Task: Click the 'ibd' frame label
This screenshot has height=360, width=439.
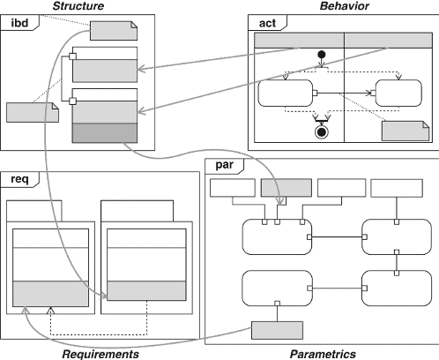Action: (x=19, y=23)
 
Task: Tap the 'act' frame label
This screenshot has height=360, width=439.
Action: (x=267, y=23)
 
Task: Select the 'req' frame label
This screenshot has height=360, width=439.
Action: (x=19, y=179)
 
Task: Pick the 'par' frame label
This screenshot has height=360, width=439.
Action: (x=224, y=165)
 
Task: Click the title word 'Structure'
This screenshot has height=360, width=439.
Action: (x=78, y=6)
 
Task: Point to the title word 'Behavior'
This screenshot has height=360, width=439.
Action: (x=345, y=6)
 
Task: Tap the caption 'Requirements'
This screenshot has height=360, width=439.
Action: (x=100, y=354)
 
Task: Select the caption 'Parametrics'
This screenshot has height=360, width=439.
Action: (x=323, y=354)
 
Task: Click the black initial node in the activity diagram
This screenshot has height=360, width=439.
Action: (x=322, y=55)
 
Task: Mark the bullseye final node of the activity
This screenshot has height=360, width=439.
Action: (x=322, y=132)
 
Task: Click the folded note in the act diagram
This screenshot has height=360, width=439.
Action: (x=406, y=131)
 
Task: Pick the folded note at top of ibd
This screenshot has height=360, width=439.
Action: (x=114, y=31)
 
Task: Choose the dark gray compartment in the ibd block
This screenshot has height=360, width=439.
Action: (x=105, y=133)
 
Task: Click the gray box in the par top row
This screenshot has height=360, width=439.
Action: (x=286, y=188)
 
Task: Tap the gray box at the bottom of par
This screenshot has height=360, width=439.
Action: (x=277, y=330)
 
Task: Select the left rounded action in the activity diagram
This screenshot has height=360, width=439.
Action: (x=286, y=93)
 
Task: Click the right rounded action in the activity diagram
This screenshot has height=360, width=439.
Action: (x=398, y=93)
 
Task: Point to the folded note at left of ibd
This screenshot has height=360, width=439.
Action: (x=33, y=112)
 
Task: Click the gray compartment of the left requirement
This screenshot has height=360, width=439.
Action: (x=50, y=294)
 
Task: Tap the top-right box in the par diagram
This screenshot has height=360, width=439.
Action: (x=397, y=188)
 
